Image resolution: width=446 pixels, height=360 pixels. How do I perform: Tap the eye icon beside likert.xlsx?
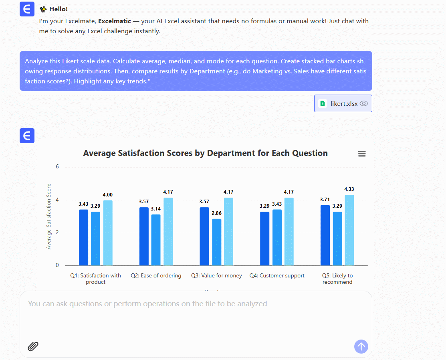click(x=363, y=103)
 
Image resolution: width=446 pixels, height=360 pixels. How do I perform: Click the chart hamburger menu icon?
click(x=362, y=154)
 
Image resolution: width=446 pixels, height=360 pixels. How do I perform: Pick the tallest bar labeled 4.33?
click(x=349, y=230)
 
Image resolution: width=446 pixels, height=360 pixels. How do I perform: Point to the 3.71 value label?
click(x=325, y=199)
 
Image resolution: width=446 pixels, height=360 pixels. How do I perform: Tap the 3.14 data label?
click(x=156, y=208)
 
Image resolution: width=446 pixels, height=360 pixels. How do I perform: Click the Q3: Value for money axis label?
click(x=216, y=276)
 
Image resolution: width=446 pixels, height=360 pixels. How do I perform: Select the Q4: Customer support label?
click(x=277, y=276)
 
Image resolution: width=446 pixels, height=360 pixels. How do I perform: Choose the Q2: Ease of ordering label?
click(x=156, y=276)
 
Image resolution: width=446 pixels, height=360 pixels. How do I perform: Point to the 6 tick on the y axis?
click(x=57, y=166)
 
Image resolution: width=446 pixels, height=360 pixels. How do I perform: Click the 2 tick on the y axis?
click(x=57, y=233)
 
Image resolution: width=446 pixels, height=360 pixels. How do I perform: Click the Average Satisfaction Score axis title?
click(x=49, y=216)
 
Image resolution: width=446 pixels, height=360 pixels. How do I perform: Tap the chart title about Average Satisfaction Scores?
click(x=205, y=153)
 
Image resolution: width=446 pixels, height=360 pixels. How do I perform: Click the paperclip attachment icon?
click(x=33, y=346)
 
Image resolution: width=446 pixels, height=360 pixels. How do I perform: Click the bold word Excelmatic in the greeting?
click(x=115, y=21)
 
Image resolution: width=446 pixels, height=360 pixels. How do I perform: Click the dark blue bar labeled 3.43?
click(x=83, y=237)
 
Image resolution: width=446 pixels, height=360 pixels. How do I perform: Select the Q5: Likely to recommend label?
click(x=337, y=279)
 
